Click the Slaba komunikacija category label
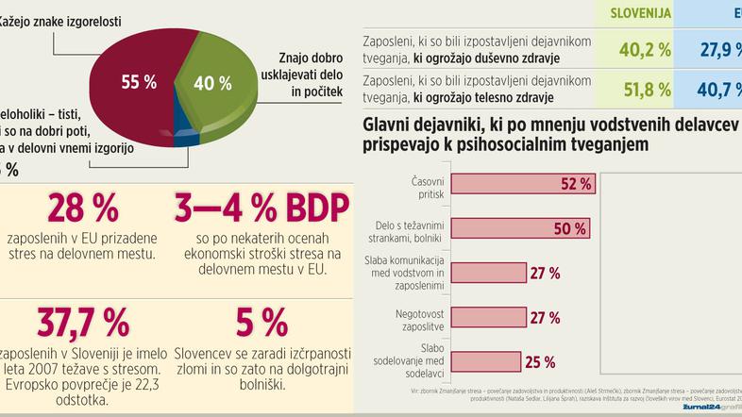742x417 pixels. click(x=416, y=273)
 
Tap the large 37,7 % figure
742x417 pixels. click(x=83, y=324)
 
